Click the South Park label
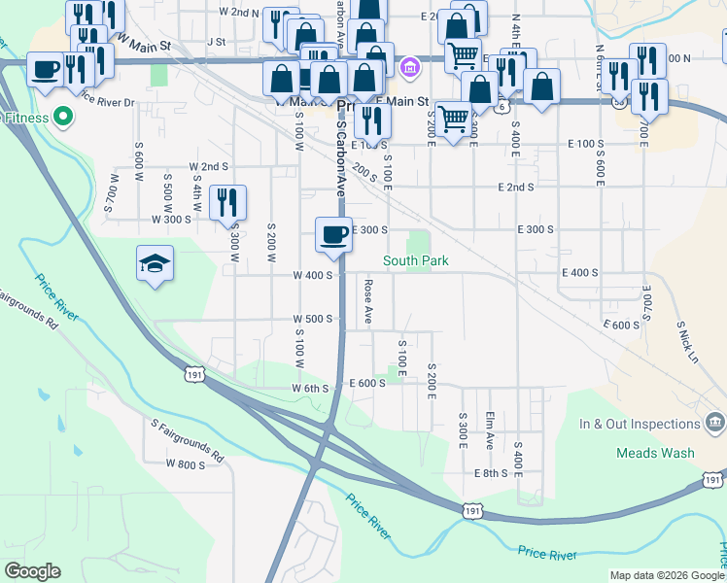[415, 260]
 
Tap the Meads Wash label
[655, 453]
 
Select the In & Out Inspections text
[640, 425]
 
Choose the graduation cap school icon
[155, 263]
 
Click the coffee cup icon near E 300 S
[333, 235]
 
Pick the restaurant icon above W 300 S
[227, 202]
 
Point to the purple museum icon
[410, 68]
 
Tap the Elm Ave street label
[490, 429]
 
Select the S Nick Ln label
[687, 341]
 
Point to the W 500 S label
[314, 319]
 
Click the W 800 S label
[185, 464]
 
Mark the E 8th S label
[492, 473]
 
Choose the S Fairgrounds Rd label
[187, 439]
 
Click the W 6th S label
[312, 388]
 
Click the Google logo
[32, 571]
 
